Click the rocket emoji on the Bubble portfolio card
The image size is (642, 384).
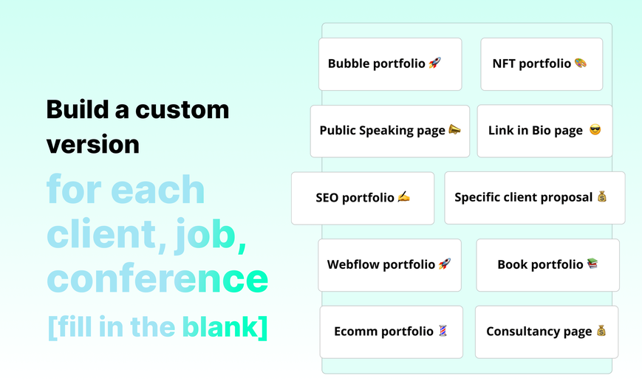[435, 63]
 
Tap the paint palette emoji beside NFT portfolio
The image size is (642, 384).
[581, 63]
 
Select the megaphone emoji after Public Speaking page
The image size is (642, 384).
[454, 130]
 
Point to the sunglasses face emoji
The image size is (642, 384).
[595, 130]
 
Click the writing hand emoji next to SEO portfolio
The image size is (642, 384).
[403, 197]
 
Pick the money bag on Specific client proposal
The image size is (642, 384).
[601, 196]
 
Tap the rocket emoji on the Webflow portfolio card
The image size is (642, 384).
[445, 264]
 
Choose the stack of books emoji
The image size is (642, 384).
[593, 264]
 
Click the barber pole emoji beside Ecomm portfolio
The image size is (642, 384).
[443, 330]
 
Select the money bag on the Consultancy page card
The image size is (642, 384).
[601, 330]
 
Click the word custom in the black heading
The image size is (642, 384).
[182, 110]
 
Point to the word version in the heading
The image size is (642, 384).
[93, 145]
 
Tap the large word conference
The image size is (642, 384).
[157, 278]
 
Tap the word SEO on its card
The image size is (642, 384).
[327, 197]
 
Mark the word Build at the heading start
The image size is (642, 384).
[78, 110]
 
